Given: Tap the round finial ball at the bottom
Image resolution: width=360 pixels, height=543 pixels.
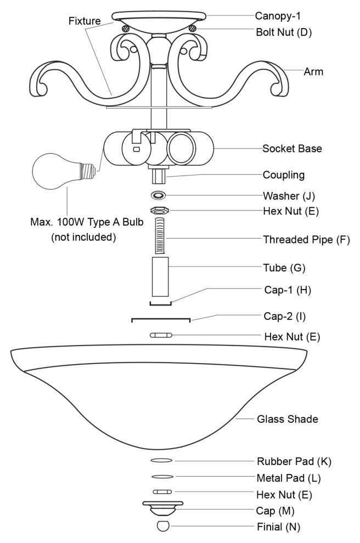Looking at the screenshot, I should coord(162,526).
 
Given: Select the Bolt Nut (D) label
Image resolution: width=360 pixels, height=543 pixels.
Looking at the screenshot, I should coord(283,32).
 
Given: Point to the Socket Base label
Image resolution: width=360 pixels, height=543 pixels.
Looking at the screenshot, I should coord(292,149).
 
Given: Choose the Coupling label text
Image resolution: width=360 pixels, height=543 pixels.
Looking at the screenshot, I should coord(284,176).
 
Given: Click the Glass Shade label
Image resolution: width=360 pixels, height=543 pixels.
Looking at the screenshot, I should coord(288,420).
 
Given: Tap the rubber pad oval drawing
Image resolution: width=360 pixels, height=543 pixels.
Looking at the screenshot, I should coord(162,461).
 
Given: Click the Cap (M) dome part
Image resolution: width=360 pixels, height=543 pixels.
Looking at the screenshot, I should coord(162,508).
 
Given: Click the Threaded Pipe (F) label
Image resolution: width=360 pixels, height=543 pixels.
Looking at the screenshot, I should coord(306,239).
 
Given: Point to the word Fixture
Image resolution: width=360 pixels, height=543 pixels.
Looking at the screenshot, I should coord(85,21).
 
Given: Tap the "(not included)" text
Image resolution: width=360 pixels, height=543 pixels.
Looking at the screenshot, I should coord(83,237).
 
